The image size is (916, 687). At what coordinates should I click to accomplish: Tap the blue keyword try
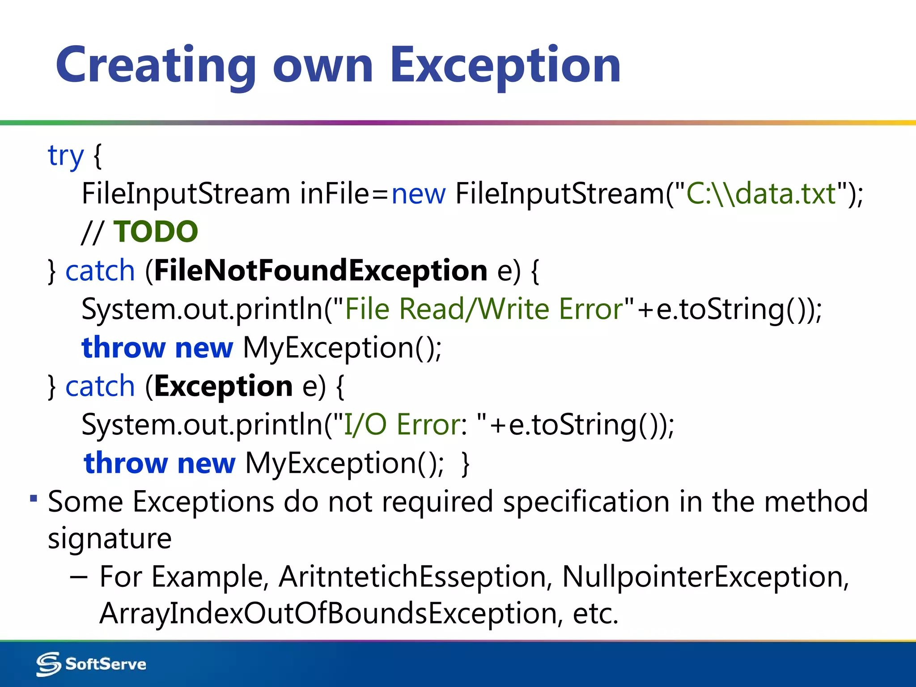65,156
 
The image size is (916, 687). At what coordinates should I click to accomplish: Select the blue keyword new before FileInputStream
418,194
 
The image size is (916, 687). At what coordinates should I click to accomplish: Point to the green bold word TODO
156,232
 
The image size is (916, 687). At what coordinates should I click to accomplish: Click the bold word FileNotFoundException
321,271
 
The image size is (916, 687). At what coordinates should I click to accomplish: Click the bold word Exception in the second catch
223,386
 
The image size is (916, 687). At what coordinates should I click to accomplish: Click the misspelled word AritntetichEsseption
412,577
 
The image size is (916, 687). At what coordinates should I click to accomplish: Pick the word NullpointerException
702,577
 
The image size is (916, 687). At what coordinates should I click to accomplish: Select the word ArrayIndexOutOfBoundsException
328,613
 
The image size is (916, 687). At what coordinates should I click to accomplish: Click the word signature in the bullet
110,539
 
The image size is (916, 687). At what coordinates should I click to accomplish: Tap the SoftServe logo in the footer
91,664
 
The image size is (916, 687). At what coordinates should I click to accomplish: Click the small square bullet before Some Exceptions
34,498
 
